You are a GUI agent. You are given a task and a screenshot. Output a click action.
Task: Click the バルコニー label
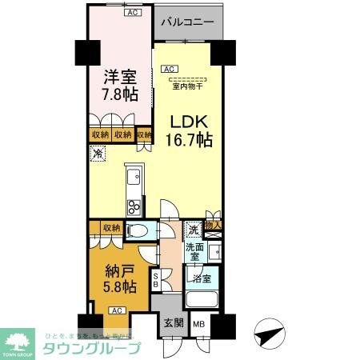[x=186, y=22]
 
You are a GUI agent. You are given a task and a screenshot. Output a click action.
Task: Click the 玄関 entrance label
[x=174, y=323]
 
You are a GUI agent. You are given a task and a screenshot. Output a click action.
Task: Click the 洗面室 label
[x=195, y=254]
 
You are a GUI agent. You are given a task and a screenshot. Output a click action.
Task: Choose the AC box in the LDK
[x=169, y=70]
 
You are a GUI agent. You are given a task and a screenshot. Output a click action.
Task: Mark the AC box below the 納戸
[x=115, y=310]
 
